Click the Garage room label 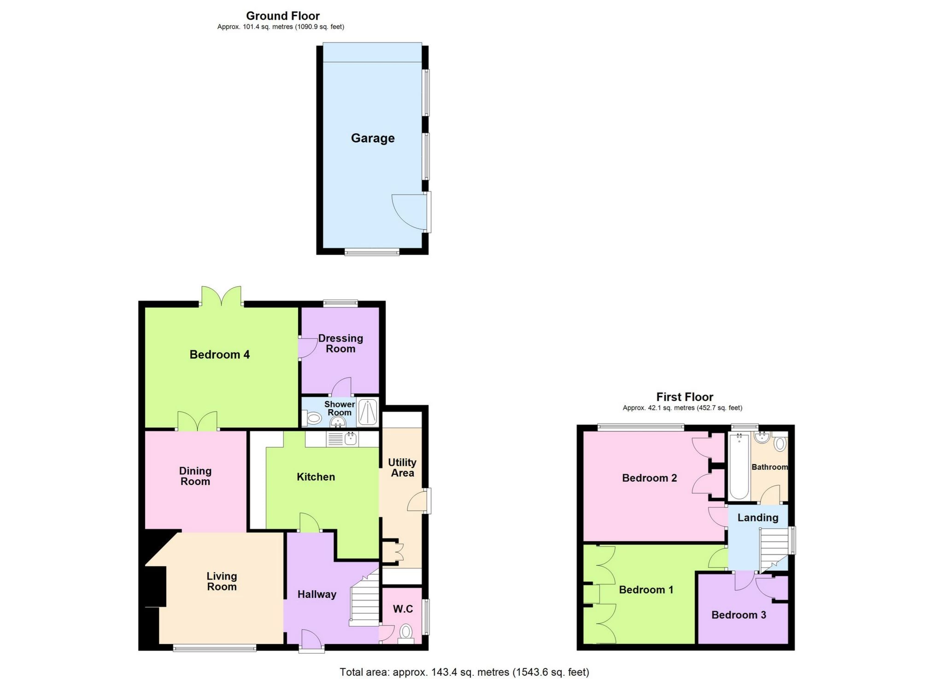click(372, 138)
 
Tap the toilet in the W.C click(405, 632)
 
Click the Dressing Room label click(340, 343)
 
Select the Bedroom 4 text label click(219, 354)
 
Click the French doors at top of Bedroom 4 click(222, 297)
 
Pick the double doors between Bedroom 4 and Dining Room click(197, 422)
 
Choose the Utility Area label click(402, 467)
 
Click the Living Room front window click(214, 648)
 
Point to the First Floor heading click(684, 397)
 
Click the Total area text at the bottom click(464, 672)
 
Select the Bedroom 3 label click(738, 615)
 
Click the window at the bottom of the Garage click(372, 252)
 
